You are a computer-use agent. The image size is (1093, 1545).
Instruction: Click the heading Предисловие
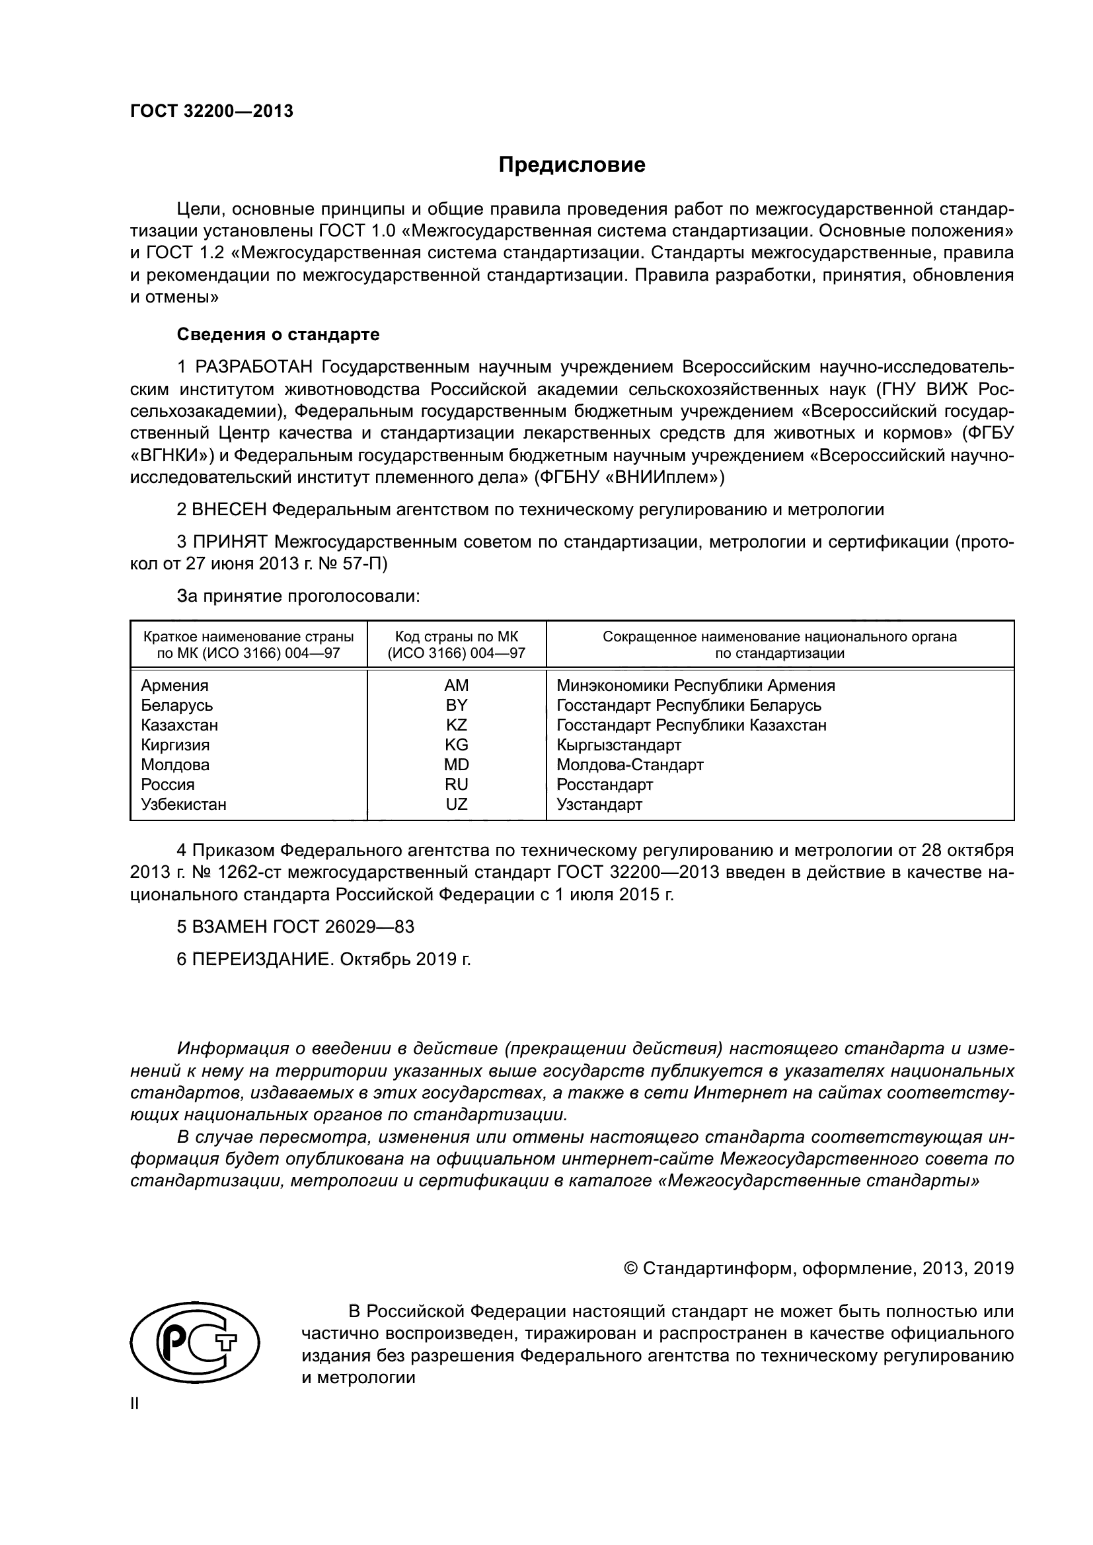click(572, 165)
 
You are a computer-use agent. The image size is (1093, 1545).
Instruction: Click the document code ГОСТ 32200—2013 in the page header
click(211, 112)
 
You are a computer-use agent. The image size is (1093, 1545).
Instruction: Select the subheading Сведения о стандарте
click(278, 334)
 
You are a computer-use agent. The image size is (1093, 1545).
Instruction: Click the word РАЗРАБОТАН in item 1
click(254, 367)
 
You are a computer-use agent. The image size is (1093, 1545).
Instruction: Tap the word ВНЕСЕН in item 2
click(229, 509)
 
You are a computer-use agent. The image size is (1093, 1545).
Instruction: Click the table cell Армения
click(174, 686)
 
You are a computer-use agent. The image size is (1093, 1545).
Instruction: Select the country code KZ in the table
click(456, 725)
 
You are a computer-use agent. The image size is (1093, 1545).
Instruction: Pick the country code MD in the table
click(456, 765)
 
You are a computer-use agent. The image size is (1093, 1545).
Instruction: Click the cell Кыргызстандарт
click(619, 746)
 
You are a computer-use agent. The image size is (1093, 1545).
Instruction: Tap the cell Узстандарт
click(599, 805)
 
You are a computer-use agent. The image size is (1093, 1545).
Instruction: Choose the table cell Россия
click(168, 785)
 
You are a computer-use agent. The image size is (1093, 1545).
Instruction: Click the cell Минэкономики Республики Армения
click(695, 686)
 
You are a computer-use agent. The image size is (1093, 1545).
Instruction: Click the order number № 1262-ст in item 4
click(242, 873)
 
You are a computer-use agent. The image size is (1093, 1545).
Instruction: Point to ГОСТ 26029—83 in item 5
click(343, 927)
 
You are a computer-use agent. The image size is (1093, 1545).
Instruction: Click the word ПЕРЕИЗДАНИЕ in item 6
click(262, 960)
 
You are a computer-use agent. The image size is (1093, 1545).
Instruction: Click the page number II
click(134, 1404)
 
